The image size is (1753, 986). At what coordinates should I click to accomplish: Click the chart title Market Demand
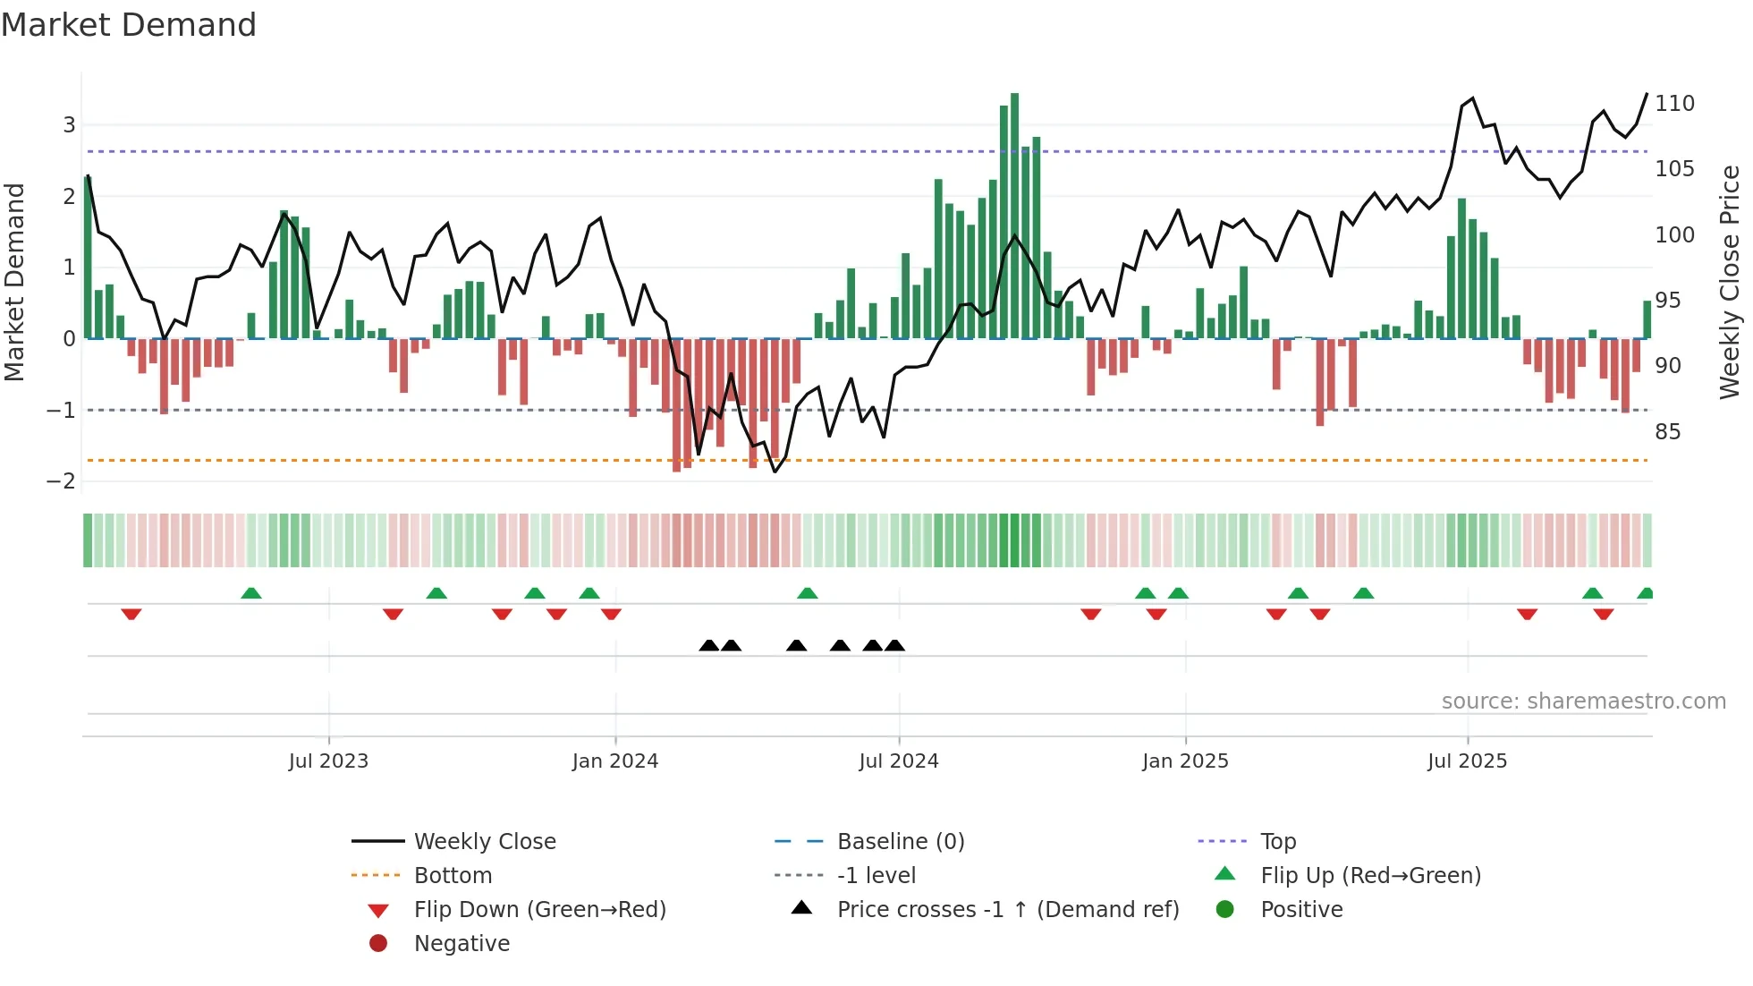tap(129, 25)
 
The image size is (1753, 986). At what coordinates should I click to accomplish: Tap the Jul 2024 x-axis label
tap(898, 761)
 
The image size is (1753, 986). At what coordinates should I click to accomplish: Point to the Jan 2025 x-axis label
tap(1185, 761)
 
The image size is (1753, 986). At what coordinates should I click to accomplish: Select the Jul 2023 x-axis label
tap(328, 761)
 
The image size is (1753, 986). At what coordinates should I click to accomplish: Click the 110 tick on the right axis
tap(1674, 104)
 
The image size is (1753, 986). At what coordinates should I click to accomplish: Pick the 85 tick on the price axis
tap(1667, 432)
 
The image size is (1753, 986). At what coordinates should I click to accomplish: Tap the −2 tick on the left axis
tap(61, 481)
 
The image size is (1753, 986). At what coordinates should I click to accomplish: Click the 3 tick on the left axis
tap(69, 125)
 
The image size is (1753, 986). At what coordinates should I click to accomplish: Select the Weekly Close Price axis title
tap(1730, 282)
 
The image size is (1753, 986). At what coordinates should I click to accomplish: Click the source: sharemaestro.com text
tap(1583, 701)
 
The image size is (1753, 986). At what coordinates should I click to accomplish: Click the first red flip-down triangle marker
tap(131, 614)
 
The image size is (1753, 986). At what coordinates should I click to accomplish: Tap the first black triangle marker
tap(708, 645)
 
